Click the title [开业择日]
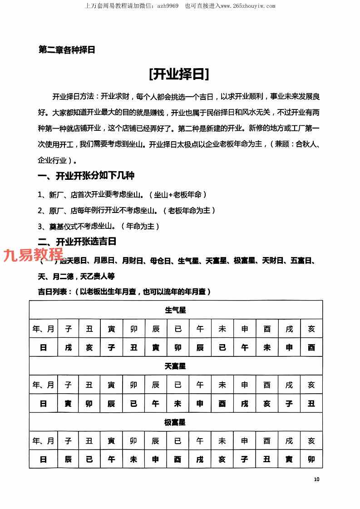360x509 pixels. pos(179,74)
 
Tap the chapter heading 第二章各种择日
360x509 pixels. pos(67,50)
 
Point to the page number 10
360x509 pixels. pos(316,479)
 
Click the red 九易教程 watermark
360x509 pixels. pos(34,255)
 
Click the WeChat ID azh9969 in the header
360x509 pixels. pos(168,6)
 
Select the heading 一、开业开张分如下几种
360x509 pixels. pos(86,175)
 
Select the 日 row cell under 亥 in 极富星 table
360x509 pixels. pos(311,459)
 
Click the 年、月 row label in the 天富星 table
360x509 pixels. pos(43,385)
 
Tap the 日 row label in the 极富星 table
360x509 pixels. pos(43,459)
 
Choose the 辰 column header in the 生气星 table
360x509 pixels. pos(156,329)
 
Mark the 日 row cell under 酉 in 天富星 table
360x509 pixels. pos(266,403)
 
